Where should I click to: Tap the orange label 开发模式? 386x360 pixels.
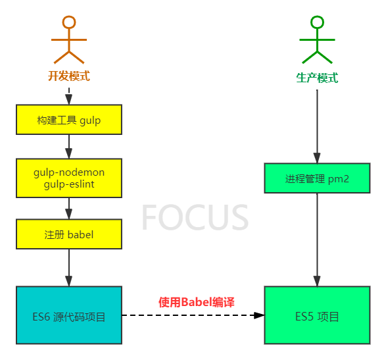(x=69, y=76)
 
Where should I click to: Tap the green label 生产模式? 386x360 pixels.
(x=317, y=78)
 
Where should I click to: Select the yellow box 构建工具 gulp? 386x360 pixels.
(x=69, y=120)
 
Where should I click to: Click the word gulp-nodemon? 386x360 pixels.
(x=69, y=172)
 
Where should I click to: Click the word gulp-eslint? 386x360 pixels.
(x=69, y=184)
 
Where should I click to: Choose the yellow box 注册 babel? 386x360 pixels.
(x=69, y=234)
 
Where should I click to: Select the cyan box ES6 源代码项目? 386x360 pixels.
(x=69, y=315)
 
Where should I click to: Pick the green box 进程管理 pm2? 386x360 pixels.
(x=317, y=178)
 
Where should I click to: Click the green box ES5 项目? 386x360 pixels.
(x=317, y=315)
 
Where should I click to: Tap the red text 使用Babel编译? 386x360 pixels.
(x=197, y=302)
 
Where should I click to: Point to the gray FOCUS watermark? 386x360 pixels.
(x=195, y=217)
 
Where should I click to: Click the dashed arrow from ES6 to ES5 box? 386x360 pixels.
(x=193, y=315)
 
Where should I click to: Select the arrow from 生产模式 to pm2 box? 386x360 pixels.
(x=317, y=126)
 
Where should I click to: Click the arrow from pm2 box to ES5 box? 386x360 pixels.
(x=317, y=240)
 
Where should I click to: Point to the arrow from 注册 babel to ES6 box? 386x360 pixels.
(x=69, y=268)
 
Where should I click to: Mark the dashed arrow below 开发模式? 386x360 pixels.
(x=69, y=96)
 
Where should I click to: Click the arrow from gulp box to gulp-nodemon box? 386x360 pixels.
(x=69, y=147)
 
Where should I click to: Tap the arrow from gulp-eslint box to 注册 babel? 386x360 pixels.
(x=69, y=209)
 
